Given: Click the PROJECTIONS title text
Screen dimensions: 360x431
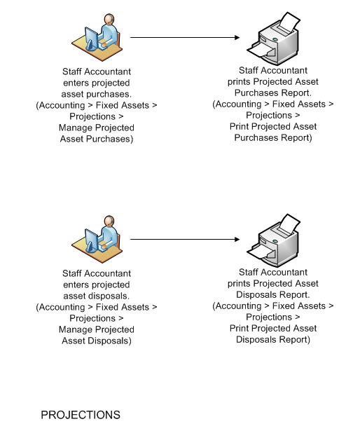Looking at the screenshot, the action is point(81,415).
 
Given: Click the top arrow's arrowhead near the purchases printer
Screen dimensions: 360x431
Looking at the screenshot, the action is point(237,37).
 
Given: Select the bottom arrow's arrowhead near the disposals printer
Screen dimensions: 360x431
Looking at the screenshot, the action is point(237,239).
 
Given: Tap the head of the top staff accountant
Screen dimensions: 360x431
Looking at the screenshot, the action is point(109,19).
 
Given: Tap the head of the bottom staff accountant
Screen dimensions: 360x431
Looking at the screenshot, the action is point(109,221).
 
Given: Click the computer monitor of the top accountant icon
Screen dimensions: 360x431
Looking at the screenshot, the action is point(92,39).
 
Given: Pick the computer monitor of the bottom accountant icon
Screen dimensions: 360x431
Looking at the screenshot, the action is point(92,241).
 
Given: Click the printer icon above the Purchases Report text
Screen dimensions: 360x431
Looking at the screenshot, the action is point(273,39).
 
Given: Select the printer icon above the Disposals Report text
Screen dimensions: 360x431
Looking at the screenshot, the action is point(273,240).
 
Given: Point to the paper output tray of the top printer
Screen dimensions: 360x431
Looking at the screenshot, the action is point(261,50).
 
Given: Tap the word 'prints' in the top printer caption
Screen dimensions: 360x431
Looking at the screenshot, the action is point(239,81).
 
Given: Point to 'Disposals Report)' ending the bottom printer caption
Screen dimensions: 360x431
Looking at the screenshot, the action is point(273,339).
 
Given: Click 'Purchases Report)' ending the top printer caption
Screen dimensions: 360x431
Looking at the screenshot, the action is point(273,138).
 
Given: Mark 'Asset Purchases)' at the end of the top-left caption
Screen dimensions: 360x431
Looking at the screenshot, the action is point(97,139).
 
